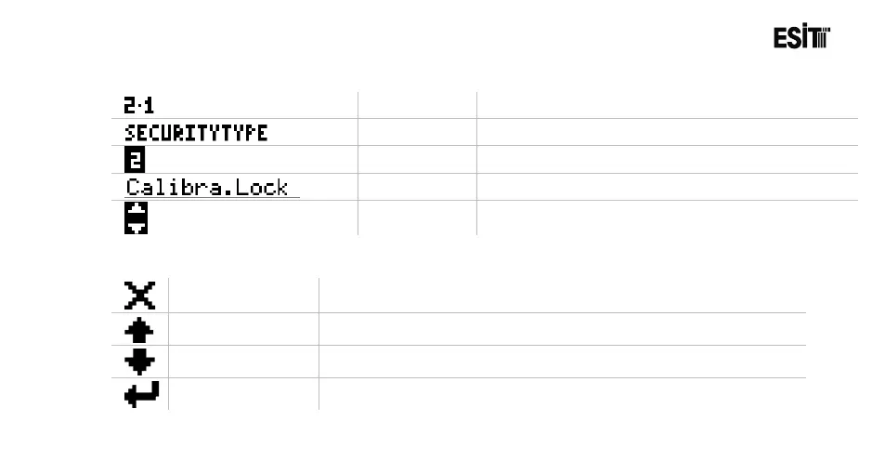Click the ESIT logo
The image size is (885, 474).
tap(801, 38)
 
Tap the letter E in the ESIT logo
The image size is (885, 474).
tap(780, 38)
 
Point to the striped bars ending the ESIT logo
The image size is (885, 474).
tap(820, 38)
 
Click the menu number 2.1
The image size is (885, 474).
tap(139, 105)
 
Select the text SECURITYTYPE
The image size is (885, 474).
tap(196, 133)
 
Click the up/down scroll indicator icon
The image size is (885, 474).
tap(136, 217)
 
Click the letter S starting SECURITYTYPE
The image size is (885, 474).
tap(130, 133)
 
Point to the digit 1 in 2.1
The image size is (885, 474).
tap(149, 105)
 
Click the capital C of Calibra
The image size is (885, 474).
tap(132, 187)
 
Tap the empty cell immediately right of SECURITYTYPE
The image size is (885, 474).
tap(417, 132)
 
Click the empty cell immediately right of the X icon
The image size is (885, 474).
tap(243, 295)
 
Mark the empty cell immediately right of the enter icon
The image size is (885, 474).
tap(243, 394)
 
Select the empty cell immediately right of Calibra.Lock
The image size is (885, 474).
tap(417, 187)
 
